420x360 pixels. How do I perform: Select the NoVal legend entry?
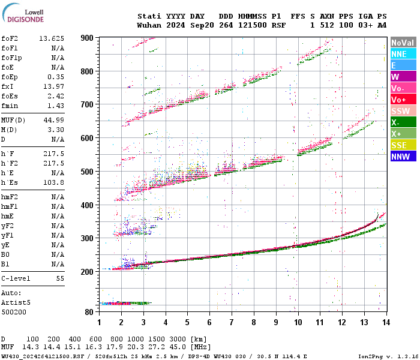point(403,43)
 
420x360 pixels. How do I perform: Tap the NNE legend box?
point(403,54)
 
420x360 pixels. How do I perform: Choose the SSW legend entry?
point(403,111)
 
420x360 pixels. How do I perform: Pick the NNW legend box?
point(403,157)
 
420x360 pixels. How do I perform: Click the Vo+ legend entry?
point(403,100)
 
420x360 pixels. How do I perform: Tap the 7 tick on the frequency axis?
point(232,323)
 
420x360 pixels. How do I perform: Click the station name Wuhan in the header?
point(149,26)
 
